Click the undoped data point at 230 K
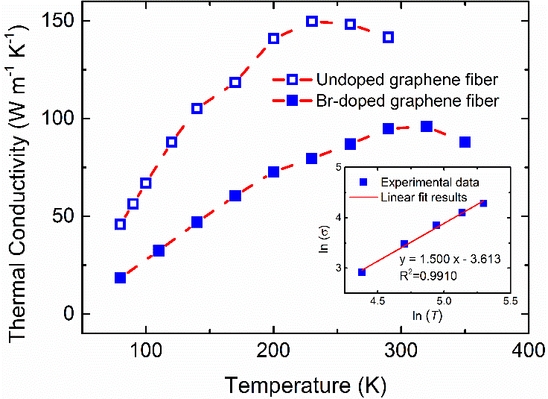pyautogui.click(x=312, y=22)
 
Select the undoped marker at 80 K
pyautogui.click(x=120, y=224)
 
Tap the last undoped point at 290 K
pyautogui.click(x=388, y=37)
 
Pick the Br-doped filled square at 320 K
pyautogui.click(x=427, y=127)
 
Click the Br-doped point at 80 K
pyautogui.click(x=120, y=277)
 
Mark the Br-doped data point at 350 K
pyautogui.click(x=465, y=142)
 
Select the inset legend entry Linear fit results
pyautogui.click(x=422, y=198)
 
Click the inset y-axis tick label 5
pyautogui.click(x=340, y=169)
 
